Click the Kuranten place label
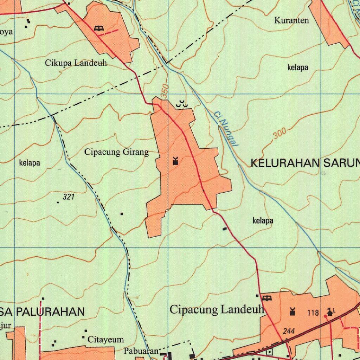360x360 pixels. click(291, 20)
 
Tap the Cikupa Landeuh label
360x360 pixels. click(76, 63)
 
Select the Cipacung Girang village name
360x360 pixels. click(116, 152)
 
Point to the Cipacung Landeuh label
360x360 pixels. click(217, 309)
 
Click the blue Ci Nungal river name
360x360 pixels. click(226, 129)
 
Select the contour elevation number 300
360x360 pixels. click(279, 134)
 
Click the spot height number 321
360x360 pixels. click(68, 197)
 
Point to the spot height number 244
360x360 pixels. click(289, 331)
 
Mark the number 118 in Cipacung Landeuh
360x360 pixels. click(313, 313)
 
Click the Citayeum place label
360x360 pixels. click(106, 340)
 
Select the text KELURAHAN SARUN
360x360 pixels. click(305, 163)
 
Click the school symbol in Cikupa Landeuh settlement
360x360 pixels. click(98, 29)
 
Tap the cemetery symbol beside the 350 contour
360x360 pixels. click(182, 104)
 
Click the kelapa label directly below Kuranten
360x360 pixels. click(298, 67)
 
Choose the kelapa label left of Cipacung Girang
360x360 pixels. click(30, 163)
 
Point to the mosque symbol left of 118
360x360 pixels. click(292, 311)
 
